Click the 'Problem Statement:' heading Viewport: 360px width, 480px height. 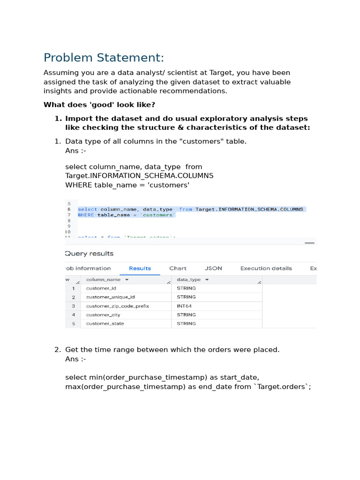click(104, 58)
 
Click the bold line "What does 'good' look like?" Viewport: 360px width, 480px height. click(99, 105)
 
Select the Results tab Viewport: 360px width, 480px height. click(140, 268)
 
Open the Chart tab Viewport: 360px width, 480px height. click(178, 268)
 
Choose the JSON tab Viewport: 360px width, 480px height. click(213, 268)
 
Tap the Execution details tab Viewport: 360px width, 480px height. click(266, 268)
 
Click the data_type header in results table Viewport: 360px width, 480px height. click(189, 279)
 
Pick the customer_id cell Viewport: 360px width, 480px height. click(101, 288)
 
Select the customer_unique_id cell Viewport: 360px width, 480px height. click(110, 297)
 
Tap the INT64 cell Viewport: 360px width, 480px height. click(184, 306)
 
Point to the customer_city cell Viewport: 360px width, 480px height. click(103, 315)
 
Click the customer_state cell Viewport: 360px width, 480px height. click(105, 324)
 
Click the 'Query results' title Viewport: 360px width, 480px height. click(89, 254)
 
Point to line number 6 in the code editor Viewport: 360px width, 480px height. click(69, 210)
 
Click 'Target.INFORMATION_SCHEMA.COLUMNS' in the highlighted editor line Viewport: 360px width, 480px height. click(249, 210)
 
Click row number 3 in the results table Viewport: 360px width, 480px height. click(73, 306)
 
